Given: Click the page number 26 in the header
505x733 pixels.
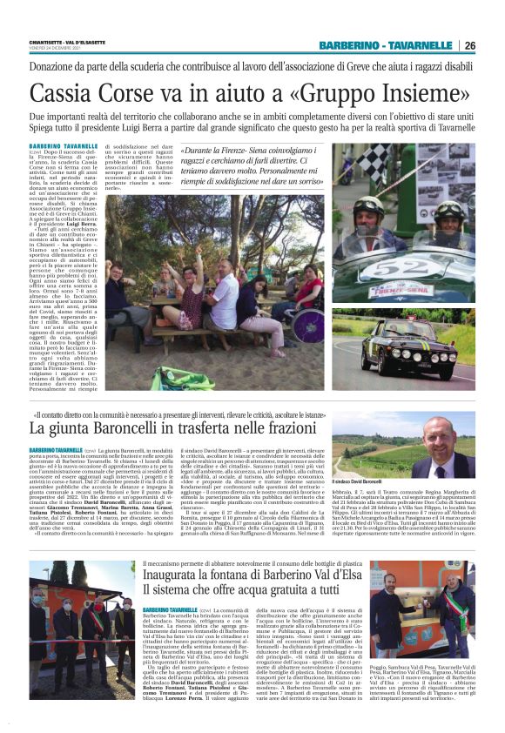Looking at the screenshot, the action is coord(469,45).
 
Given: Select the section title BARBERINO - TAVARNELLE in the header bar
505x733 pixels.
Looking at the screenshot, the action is coord(387,45).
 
